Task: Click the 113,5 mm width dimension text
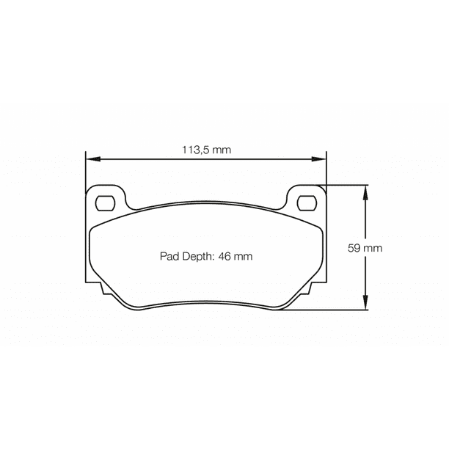(x=206, y=150)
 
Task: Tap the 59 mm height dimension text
(x=365, y=248)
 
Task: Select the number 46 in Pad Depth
(x=225, y=256)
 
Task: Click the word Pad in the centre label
(x=169, y=256)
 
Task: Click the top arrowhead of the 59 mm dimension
(x=365, y=189)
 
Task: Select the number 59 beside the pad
(x=354, y=248)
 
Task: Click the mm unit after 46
(x=244, y=256)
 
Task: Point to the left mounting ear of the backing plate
(x=107, y=198)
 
